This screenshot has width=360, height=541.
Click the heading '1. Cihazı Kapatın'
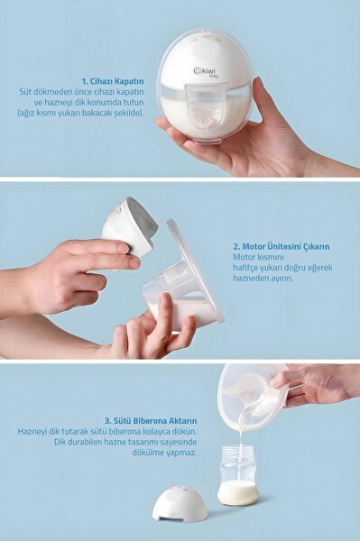(113, 82)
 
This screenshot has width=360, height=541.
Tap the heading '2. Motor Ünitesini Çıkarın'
(281, 247)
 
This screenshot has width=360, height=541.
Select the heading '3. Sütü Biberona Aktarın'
(151, 421)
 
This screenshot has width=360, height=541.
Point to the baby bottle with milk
(238, 475)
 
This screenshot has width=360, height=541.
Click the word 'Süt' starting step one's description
(25, 93)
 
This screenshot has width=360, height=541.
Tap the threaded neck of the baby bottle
(237, 452)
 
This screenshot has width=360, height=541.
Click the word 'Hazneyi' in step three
(31, 432)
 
